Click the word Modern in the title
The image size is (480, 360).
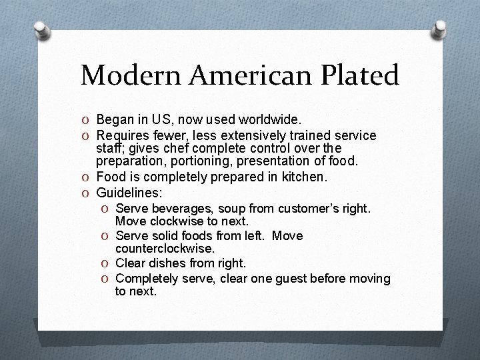131,76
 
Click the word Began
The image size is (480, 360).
114,120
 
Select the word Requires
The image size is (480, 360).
122,136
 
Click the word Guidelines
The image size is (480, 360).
127,193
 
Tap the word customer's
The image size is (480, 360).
311,209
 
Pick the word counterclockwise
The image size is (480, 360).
165,249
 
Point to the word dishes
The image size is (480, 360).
169,263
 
